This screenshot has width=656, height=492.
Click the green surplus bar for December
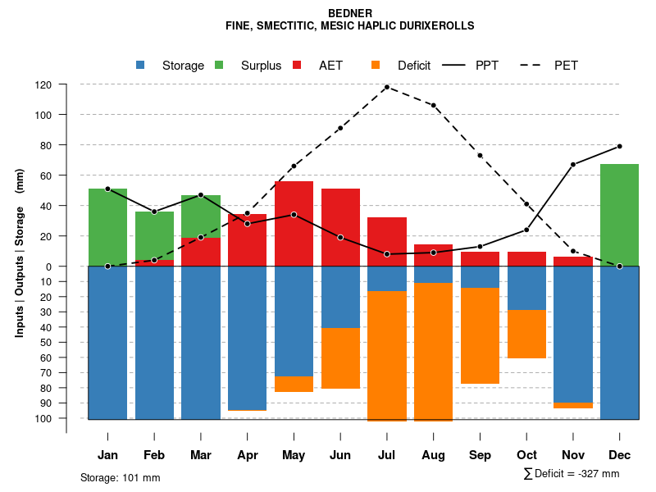click(x=619, y=215)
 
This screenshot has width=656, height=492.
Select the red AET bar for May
click(x=294, y=223)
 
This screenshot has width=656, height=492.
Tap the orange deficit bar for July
click(x=387, y=356)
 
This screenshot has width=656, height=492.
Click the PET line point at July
click(x=387, y=87)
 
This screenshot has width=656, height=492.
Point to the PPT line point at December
click(x=619, y=146)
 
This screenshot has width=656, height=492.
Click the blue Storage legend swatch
click(x=141, y=66)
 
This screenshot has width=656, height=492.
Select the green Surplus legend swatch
click(x=219, y=66)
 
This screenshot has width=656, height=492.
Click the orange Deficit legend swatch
click(x=376, y=66)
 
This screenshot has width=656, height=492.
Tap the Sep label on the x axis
click(x=481, y=455)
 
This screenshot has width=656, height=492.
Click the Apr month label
click(x=248, y=455)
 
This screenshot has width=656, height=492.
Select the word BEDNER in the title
click(x=349, y=14)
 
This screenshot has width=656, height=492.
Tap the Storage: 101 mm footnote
click(x=120, y=477)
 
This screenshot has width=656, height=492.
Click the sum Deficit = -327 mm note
click(x=572, y=474)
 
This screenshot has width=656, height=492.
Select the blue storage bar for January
click(x=107, y=342)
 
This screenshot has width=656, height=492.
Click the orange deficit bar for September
click(x=481, y=335)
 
